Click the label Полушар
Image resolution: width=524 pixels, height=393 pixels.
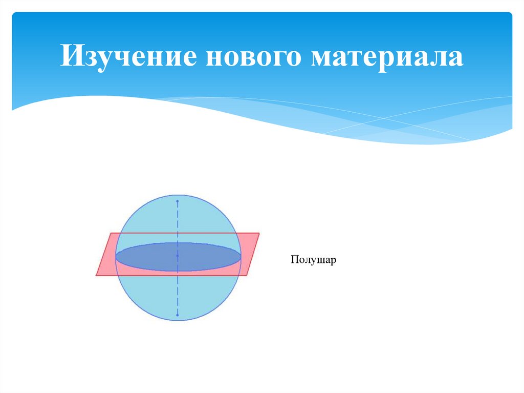click(313, 260)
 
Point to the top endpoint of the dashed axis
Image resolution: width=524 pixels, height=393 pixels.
click(178, 201)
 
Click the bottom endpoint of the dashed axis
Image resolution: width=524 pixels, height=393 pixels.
click(178, 315)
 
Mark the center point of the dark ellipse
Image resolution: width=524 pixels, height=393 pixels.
click(178, 256)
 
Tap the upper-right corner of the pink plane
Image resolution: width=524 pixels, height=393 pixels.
click(259, 234)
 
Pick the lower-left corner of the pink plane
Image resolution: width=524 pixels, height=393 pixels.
click(96, 276)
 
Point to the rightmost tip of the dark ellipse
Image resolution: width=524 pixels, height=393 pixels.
click(240, 257)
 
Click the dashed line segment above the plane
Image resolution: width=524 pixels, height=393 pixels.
click(178, 220)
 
